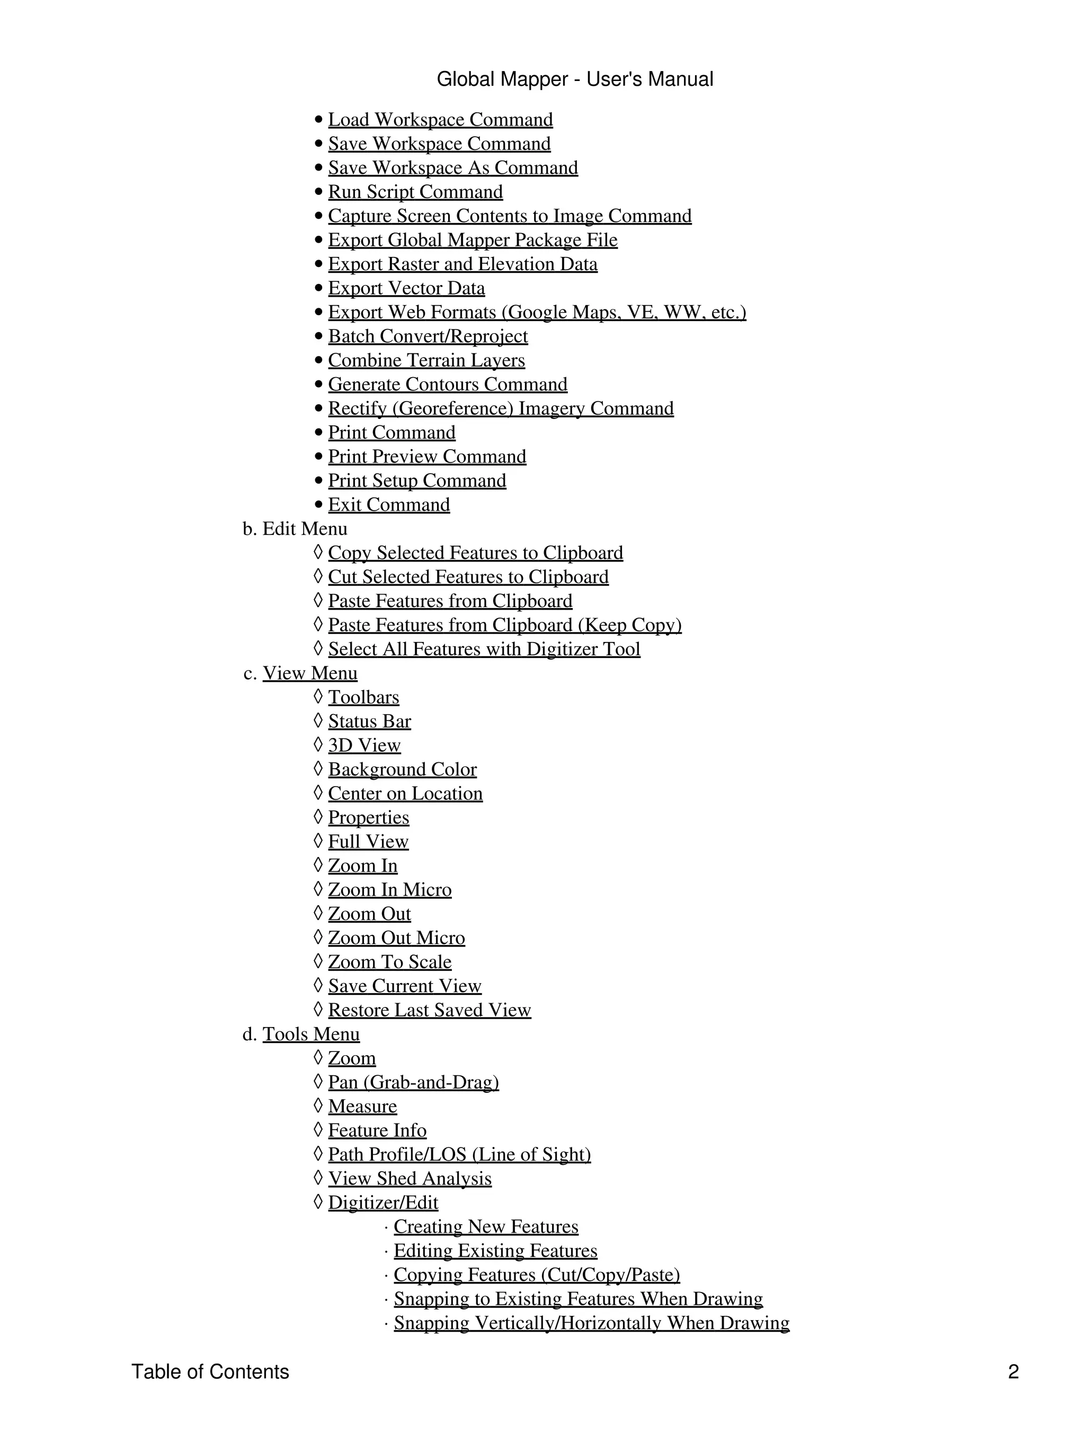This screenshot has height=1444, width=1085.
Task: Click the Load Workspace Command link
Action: tap(440, 120)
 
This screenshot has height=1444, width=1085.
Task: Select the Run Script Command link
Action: tap(415, 192)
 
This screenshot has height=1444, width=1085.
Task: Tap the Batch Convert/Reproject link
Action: tap(428, 336)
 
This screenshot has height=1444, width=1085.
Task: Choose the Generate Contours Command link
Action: tap(447, 385)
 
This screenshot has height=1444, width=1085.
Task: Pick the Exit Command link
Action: tap(388, 505)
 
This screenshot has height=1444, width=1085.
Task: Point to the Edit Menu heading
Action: tap(304, 529)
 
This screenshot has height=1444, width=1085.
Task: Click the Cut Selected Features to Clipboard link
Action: tap(468, 577)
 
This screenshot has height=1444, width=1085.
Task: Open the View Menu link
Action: tap(309, 673)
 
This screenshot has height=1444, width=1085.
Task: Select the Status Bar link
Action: tap(369, 721)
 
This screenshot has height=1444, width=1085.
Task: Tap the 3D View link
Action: tap(364, 745)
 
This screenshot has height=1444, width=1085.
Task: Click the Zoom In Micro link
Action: tap(390, 890)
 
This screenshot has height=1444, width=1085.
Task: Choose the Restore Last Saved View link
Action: tap(430, 1010)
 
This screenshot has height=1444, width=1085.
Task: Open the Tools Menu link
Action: tap(311, 1034)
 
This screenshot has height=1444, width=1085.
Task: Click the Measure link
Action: tap(362, 1107)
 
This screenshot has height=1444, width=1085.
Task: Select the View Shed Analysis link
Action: tap(410, 1178)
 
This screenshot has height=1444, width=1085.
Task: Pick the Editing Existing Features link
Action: tap(495, 1251)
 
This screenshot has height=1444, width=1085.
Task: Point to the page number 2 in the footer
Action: tap(1013, 1371)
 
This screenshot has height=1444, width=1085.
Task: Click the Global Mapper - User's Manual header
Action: tap(574, 79)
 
